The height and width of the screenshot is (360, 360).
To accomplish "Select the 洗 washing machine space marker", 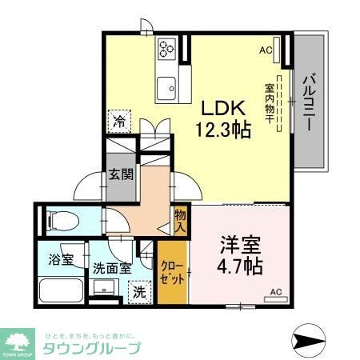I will tap(139, 293).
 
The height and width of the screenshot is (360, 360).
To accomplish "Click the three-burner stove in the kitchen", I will tap(167, 49).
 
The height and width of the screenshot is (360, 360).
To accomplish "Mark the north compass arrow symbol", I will tap(308, 340).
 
